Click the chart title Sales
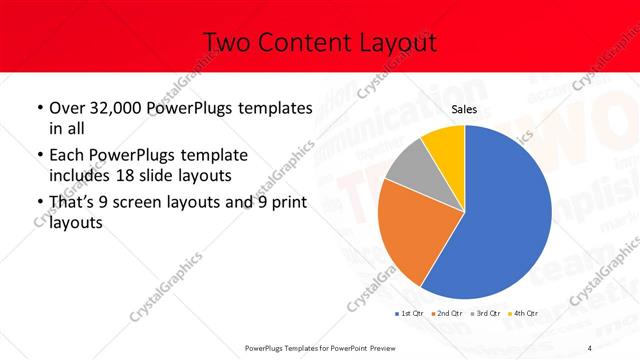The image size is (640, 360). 463,110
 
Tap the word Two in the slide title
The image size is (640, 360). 227,43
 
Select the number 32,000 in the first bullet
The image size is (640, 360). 116,107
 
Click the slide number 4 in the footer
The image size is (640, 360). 589,347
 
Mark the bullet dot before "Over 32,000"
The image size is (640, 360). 39,107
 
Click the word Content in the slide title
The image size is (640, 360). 303,43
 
